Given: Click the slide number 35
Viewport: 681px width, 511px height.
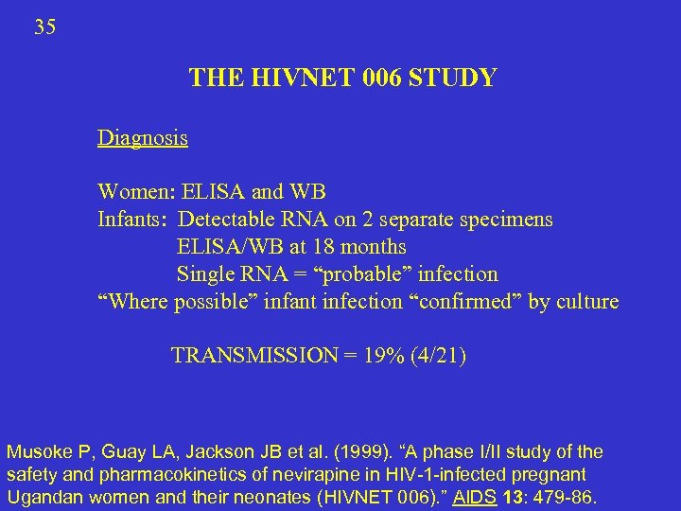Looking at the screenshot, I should coord(44,27).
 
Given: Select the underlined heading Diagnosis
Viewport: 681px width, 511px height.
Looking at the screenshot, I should coord(142,138).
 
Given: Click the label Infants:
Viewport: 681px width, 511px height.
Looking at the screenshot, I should coord(133,220).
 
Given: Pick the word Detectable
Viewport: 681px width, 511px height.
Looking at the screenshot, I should coord(228,220).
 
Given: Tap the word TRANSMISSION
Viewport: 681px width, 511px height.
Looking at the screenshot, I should coord(254,356).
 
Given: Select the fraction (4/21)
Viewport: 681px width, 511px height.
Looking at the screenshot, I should coord(436,356).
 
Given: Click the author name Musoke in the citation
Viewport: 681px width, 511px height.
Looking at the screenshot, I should coord(38,452).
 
